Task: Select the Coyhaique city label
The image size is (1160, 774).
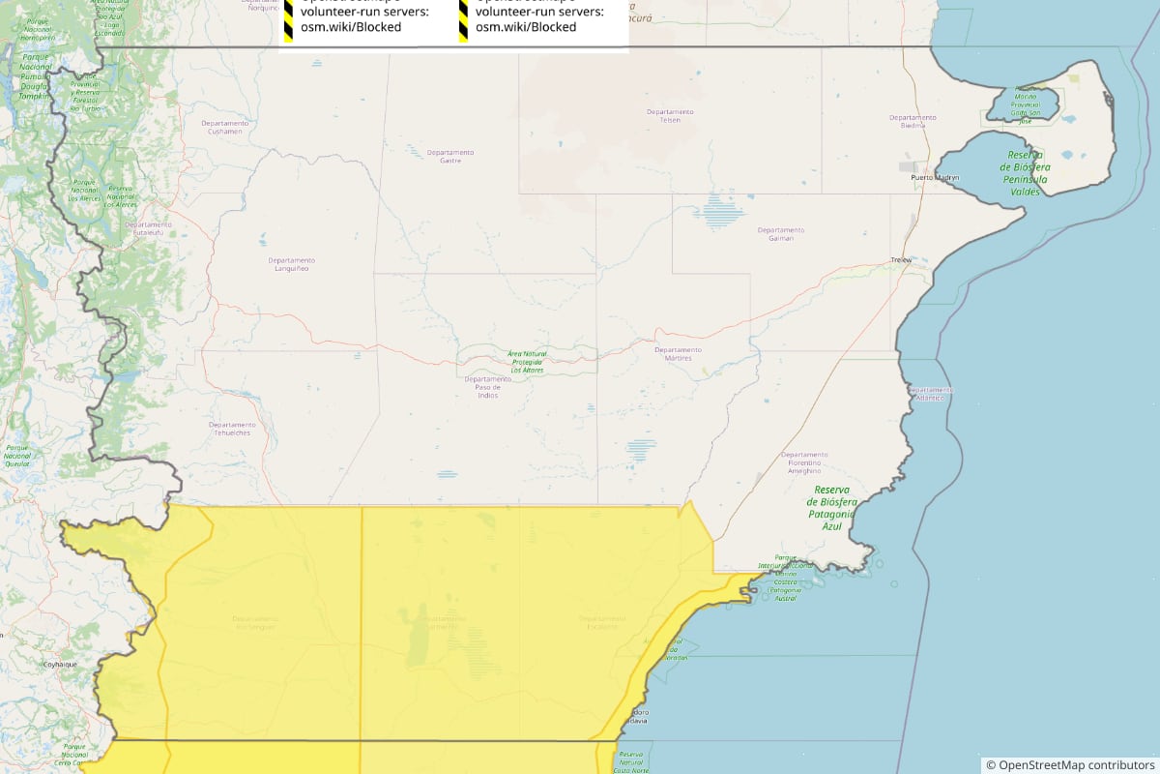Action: (59, 665)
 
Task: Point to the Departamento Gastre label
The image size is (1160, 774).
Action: (449, 156)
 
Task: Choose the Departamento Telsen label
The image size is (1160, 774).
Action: (670, 115)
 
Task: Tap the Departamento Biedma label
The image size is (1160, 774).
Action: (913, 121)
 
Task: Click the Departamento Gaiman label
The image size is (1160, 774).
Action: (781, 234)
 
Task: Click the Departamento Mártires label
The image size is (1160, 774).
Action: (678, 353)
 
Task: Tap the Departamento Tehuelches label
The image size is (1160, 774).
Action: (232, 429)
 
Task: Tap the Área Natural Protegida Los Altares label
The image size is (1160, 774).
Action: (527, 362)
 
